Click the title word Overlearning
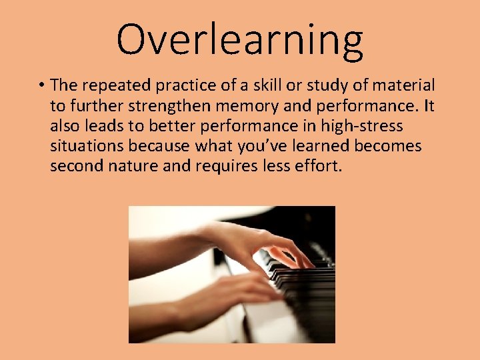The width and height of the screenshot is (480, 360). pyautogui.click(x=240, y=40)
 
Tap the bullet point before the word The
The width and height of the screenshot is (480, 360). pyautogui.click(x=41, y=85)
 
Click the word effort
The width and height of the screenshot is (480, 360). pyautogui.click(x=318, y=165)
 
